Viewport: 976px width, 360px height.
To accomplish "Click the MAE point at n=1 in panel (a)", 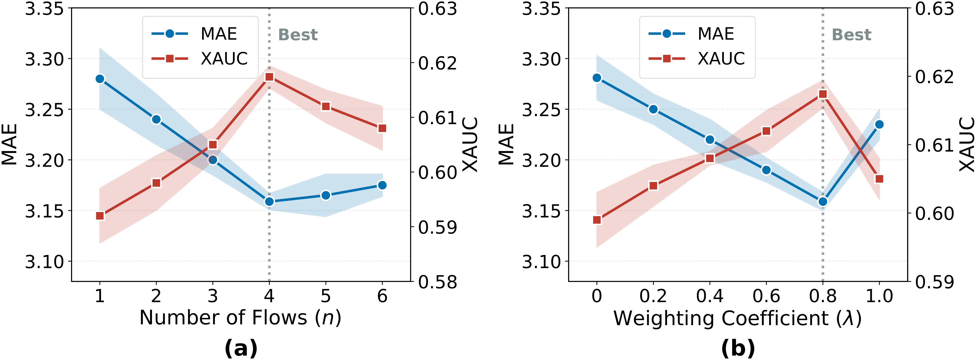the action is point(100,79).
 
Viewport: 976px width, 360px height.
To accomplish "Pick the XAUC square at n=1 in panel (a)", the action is point(100,216).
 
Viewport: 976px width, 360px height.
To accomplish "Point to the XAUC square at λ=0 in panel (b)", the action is point(597,220).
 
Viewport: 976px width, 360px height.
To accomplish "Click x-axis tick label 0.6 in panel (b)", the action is point(766,296).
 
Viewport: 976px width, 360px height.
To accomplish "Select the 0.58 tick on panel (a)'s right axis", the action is point(438,282).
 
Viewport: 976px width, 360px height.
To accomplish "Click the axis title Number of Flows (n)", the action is point(240,318).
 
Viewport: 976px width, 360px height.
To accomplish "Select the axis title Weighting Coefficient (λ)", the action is point(737,318).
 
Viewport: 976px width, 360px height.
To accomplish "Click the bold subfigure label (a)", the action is point(241,348).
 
